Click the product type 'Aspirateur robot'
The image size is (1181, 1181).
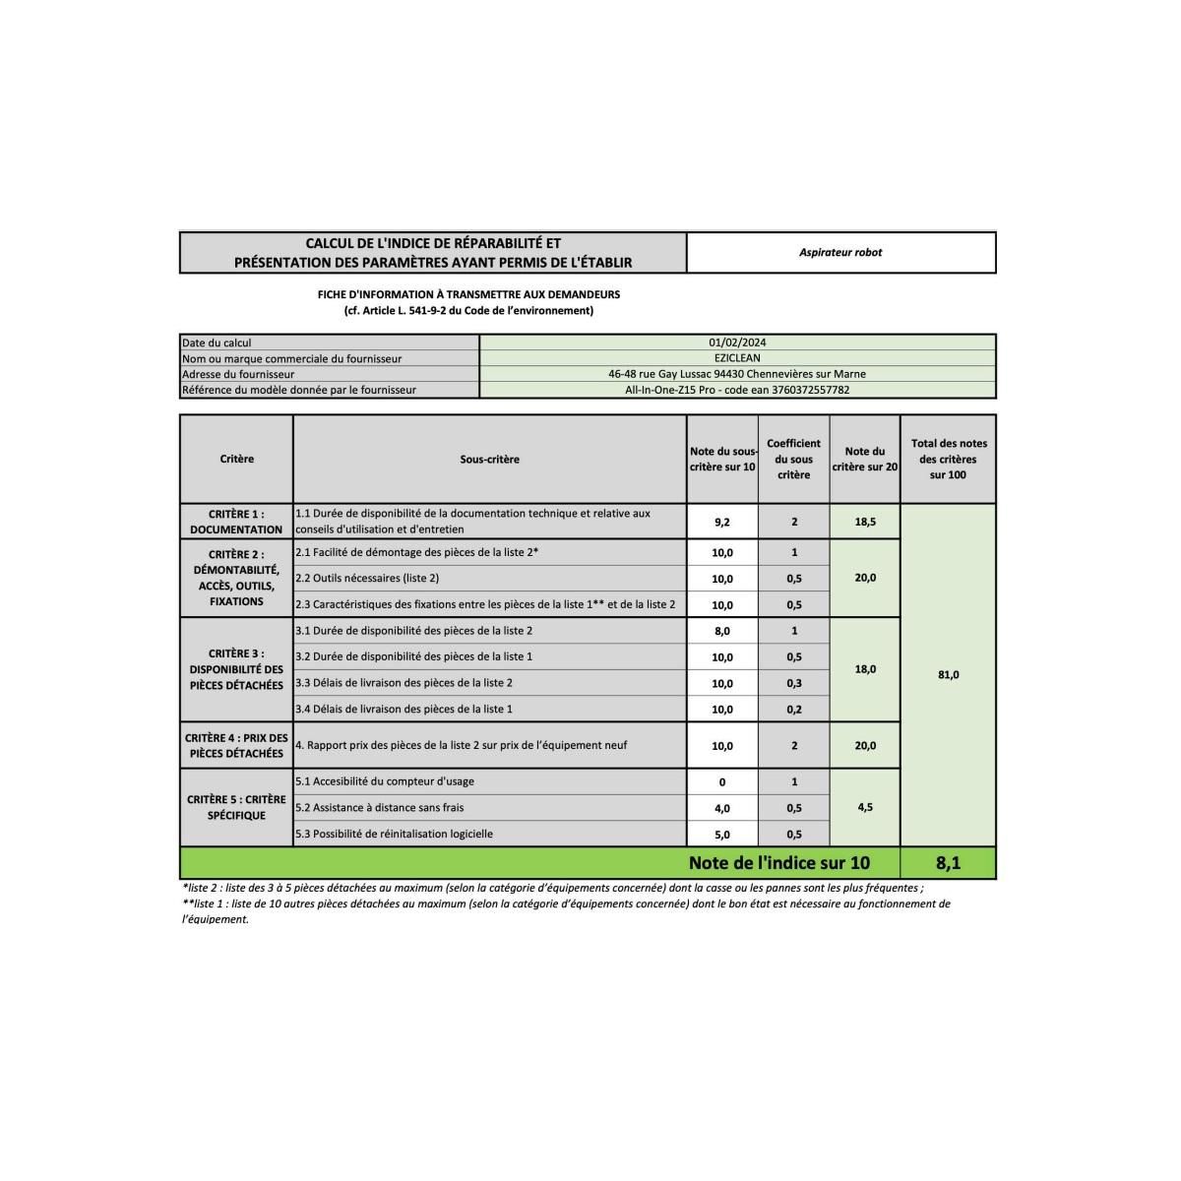point(840,253)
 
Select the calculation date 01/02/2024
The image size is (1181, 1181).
point(737,342)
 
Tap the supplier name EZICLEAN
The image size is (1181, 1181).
point(737,358)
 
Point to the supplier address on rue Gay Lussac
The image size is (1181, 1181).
point(737,374)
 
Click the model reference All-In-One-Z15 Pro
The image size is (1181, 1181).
point(737,390)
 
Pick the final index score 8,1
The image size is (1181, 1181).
point(948,863)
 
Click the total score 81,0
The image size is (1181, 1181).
point(948,675)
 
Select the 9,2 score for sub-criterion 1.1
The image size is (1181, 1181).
point(721,523)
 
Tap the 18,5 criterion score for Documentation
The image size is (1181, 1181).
point(865,523)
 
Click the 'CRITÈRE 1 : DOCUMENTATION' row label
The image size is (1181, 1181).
point(236,522)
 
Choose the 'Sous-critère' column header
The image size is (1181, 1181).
point(489,460)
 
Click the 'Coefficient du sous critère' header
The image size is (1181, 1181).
point(793,460)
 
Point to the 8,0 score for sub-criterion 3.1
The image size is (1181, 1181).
point(721,631)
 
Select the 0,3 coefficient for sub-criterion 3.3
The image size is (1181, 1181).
point(793,683)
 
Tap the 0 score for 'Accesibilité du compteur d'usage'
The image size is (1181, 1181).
point(721,782)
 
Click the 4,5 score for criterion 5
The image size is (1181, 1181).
point(865,807)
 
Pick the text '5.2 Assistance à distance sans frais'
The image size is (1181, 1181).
point(379,808)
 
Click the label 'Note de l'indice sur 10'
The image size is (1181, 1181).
point(779,863)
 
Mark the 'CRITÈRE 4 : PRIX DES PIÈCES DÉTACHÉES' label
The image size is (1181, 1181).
point(236,746)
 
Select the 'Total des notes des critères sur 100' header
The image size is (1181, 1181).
point(949,460)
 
